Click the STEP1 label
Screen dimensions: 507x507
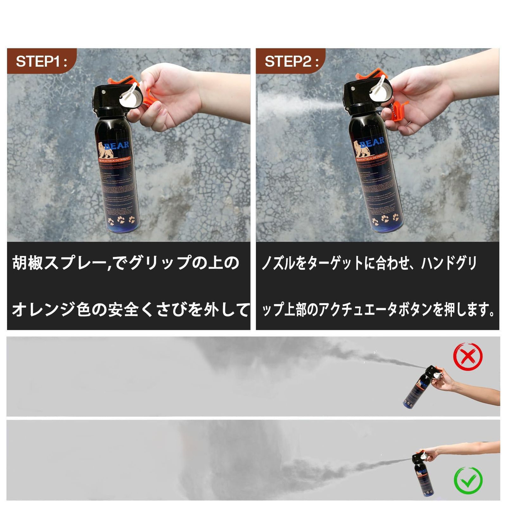pyautogui.click(x=41, y=61)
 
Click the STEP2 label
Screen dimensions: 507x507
pyautogui.click(x=291, y=61)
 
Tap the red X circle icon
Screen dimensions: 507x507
pyautogui.click(x=468, y=356)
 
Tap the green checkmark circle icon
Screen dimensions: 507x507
pyautogui.click(x=468, y=480)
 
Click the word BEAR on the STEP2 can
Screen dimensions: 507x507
pyautogui.click(x=372, y=143)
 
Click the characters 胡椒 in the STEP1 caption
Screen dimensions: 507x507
pyautogui.click(x=27, y=263)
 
